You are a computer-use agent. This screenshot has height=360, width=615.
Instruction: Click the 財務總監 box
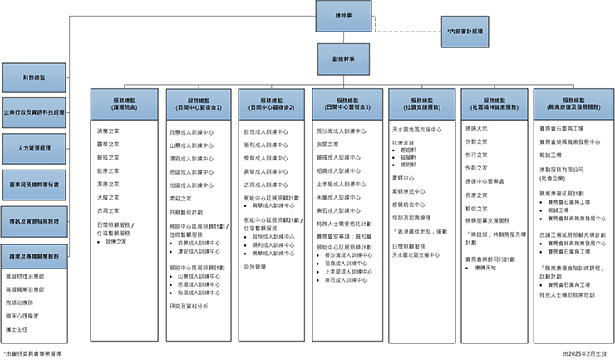click(x=35, y=76)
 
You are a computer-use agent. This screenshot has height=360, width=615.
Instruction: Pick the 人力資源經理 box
click(x=35, y=148)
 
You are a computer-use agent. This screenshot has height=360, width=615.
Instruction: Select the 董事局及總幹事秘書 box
click(x=35, y=184)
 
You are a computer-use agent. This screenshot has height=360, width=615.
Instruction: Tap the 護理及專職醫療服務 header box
click(x=35, y=256)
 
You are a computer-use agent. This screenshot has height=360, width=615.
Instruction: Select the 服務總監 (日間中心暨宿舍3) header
click(x=347, y=103)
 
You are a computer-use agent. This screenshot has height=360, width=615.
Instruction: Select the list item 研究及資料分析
click(x=188, y=306)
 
